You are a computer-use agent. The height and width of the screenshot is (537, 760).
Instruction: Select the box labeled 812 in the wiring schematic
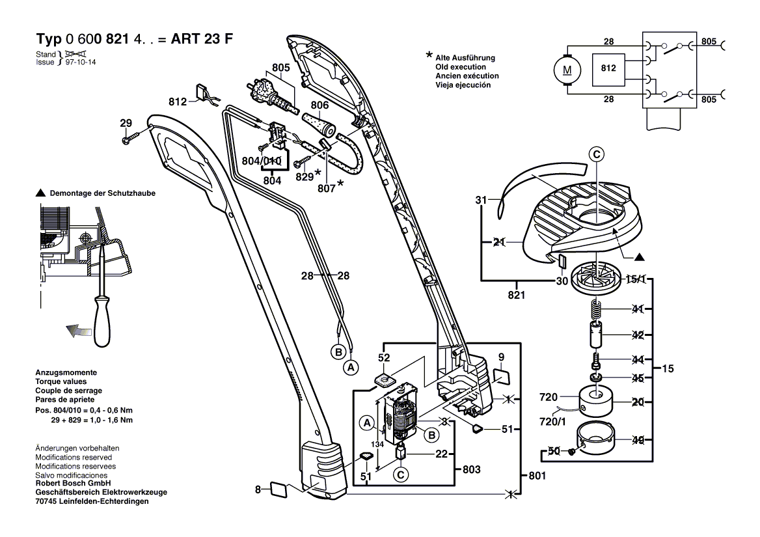[608, 68]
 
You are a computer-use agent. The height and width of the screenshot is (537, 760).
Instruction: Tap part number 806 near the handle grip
[319, 106]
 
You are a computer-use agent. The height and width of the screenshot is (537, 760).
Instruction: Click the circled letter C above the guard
[597, 154]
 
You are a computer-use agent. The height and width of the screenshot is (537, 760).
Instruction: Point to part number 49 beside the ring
[638, 441]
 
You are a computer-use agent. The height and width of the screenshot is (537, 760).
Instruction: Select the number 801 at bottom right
[537, 476]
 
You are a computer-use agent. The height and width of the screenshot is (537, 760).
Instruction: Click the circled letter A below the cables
[351, 368]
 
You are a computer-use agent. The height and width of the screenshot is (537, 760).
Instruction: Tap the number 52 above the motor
[384, 357]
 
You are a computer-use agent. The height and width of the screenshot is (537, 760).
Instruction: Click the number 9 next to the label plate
[501, 356]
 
